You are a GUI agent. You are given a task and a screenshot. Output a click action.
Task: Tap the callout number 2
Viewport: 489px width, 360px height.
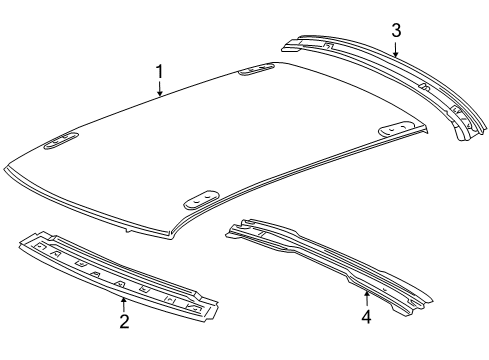click(x=123, y=320)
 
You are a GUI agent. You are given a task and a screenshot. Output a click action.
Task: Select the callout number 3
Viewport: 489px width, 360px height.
click(x=396, y=30)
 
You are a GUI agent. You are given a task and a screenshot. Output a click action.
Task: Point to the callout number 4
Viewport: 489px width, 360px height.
click(x=366, y=316)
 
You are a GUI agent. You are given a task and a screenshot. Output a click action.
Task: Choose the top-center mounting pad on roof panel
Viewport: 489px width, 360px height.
click(x=257, y=70)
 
